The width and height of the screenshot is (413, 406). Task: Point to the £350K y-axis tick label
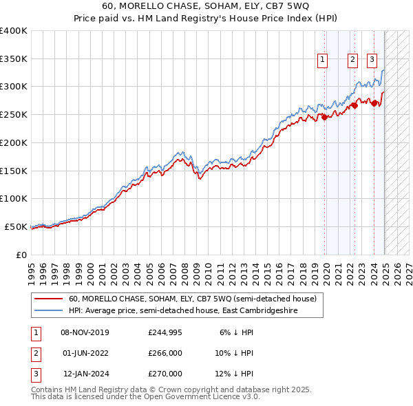[x=14, y=59]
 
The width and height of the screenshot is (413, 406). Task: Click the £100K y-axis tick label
[x=14, y=198]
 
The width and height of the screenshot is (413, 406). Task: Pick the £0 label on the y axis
[x=22, y=255]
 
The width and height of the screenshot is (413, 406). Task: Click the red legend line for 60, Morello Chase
[x=49, y=299]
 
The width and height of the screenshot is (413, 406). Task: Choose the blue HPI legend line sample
[x=49, y=310]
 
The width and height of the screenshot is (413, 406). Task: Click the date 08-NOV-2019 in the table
[x=85, y=332]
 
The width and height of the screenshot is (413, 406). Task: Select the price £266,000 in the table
[x=165, y=353]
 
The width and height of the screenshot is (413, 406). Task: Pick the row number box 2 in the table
[x=35, y=353]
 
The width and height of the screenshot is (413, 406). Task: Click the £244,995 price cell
[x=165, y=332]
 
